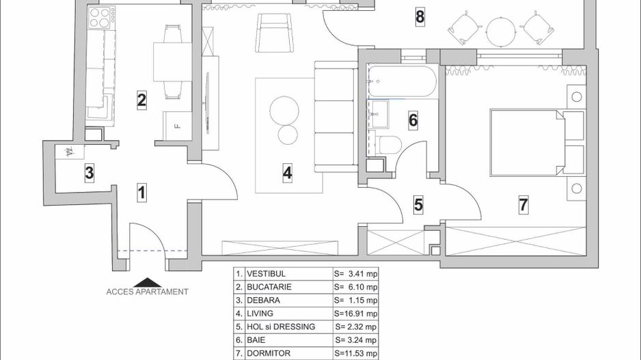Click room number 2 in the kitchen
[141, 100]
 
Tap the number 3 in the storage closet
[89, 174]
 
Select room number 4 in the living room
[288, 174]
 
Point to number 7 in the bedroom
[523, 204]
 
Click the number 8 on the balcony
[420, 17]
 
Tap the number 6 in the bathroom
[413, 121]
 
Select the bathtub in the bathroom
[401, 81]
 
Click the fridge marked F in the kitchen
[177, 126]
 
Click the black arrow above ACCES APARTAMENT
[147, 282]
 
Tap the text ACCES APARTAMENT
[147, 292]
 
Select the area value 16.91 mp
[356, 314]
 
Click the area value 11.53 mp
[356, 353]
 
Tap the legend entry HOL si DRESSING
[282, 327]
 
